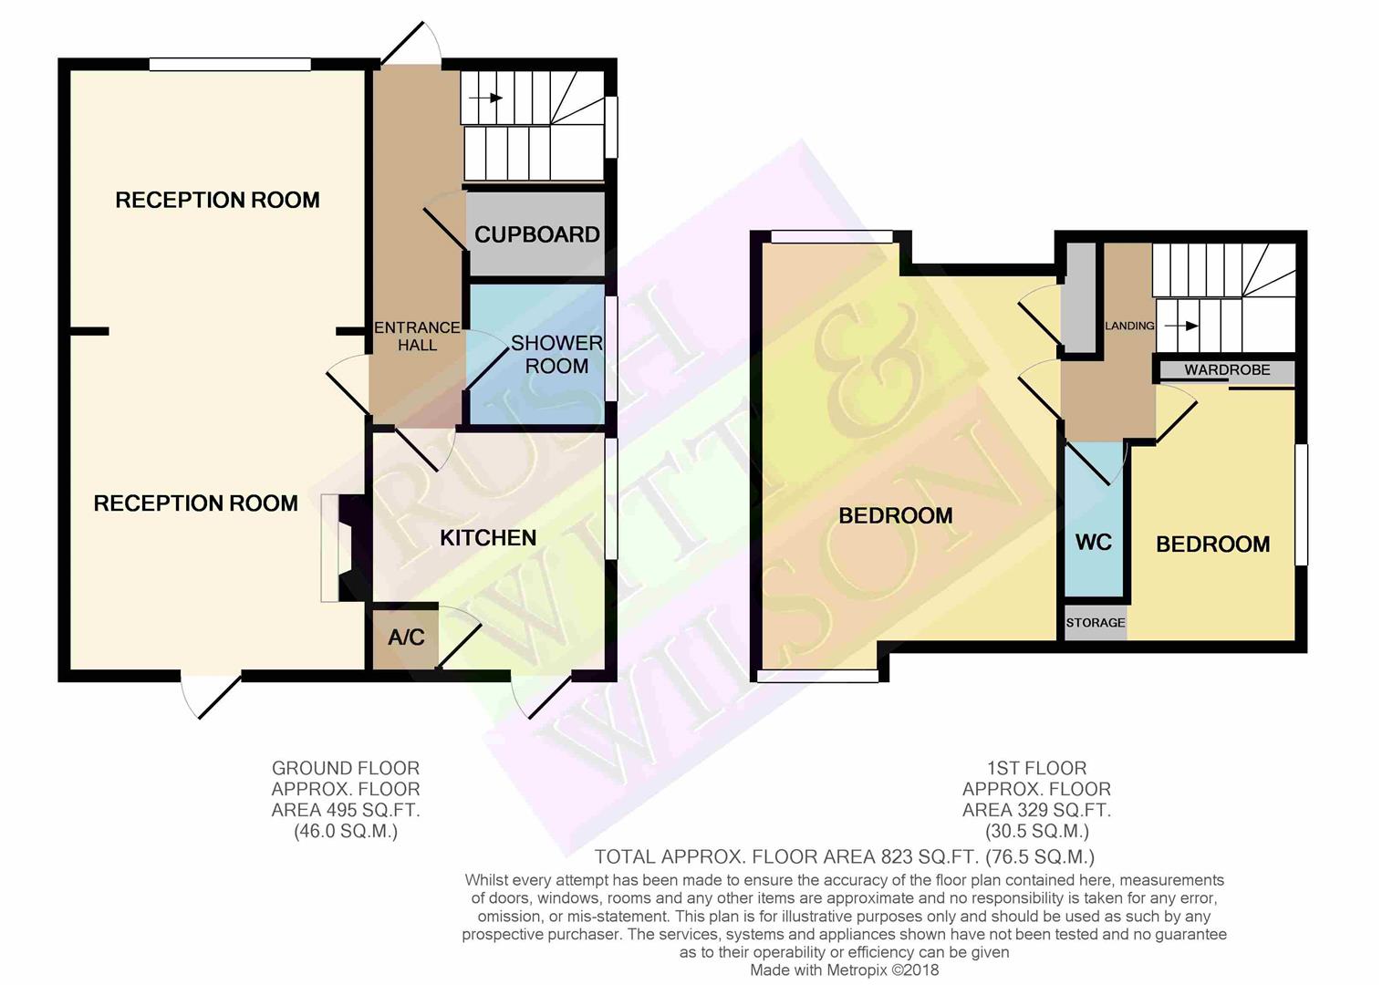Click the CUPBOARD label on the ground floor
point(536,234)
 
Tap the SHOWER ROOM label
point(556,354)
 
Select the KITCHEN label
point(488,538)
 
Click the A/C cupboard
point(405,638)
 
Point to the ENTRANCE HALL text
point(418,337)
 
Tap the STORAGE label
point(1096,622)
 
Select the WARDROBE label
point(1227,369)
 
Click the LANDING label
point(1129,326)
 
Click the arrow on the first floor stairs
point(1181,326)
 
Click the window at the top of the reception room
point(230,64)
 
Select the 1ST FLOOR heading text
point(1036,769)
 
